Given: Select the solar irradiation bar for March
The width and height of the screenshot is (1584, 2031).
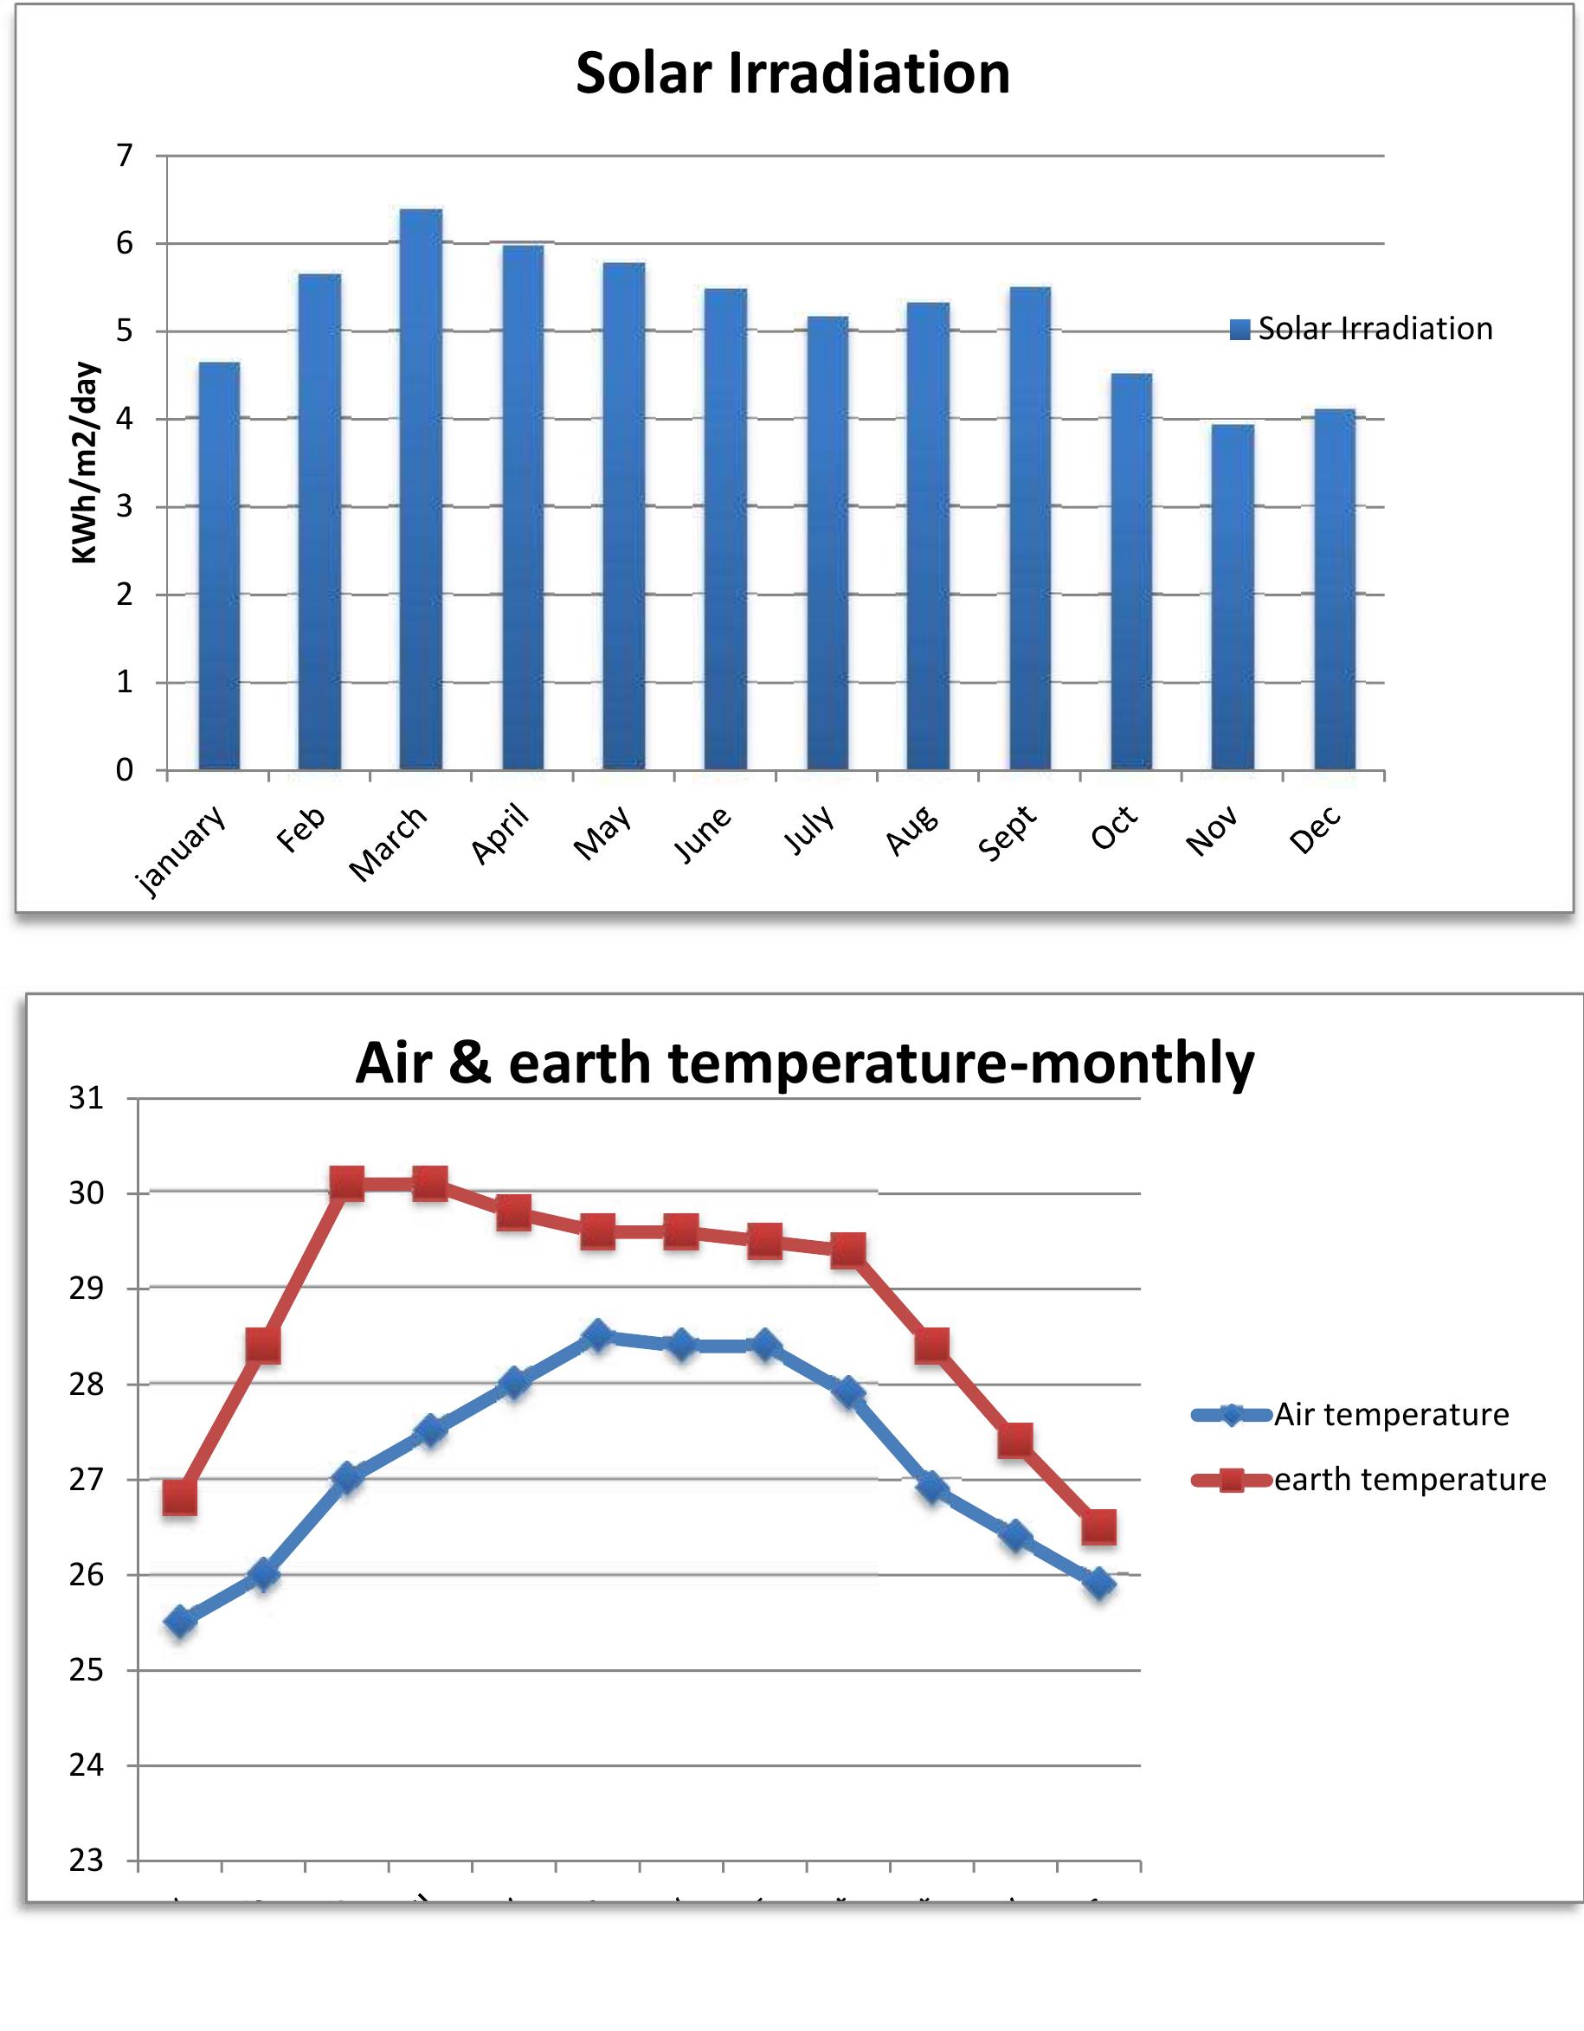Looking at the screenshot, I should coord(421,490).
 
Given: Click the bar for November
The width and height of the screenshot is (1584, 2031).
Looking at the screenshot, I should coord(1233,597).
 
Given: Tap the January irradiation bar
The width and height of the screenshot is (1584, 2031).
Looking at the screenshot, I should coord(219,566).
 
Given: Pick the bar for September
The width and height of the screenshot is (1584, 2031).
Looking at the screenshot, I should coord(1030,528).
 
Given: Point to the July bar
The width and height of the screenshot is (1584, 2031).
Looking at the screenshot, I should coord(827,543).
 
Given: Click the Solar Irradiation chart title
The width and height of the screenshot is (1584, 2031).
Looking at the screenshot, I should coord(793,74).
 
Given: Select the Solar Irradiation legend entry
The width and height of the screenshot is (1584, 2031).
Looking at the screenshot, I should coord(1361,329).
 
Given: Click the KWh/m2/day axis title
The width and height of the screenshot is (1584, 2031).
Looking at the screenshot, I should coord(85,462).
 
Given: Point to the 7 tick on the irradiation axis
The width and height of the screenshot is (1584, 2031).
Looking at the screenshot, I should coord(125,155).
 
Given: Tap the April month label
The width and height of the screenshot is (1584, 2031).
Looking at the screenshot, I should coord(499,833).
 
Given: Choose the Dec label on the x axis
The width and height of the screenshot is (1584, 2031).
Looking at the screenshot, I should coord(1314,831).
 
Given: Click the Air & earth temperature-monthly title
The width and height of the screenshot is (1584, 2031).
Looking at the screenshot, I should coord(805,1062).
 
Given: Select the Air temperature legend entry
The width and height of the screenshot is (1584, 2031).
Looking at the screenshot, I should coord(1350,1415).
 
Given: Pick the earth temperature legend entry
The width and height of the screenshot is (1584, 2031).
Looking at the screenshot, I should coord(1368,1480).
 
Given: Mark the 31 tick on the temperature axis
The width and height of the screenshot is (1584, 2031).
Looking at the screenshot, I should coord(87,1098).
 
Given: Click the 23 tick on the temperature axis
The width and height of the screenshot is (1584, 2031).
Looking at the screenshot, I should coord(87,1861).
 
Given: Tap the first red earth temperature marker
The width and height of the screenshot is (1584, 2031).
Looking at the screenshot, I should coord(179,1498).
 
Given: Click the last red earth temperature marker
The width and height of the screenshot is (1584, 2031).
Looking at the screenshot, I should coord(1099,1527).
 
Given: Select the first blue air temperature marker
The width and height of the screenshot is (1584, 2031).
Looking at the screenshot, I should coord(179,1622).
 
